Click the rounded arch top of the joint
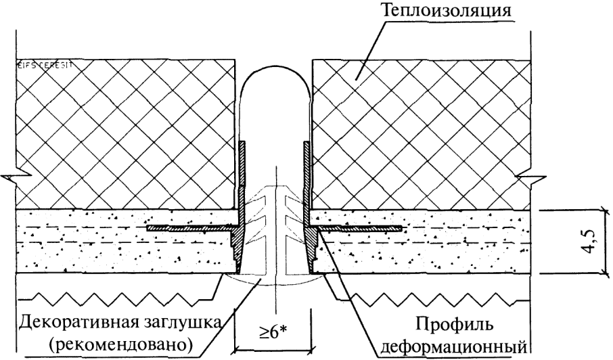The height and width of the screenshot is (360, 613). click(x=276, y=74)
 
